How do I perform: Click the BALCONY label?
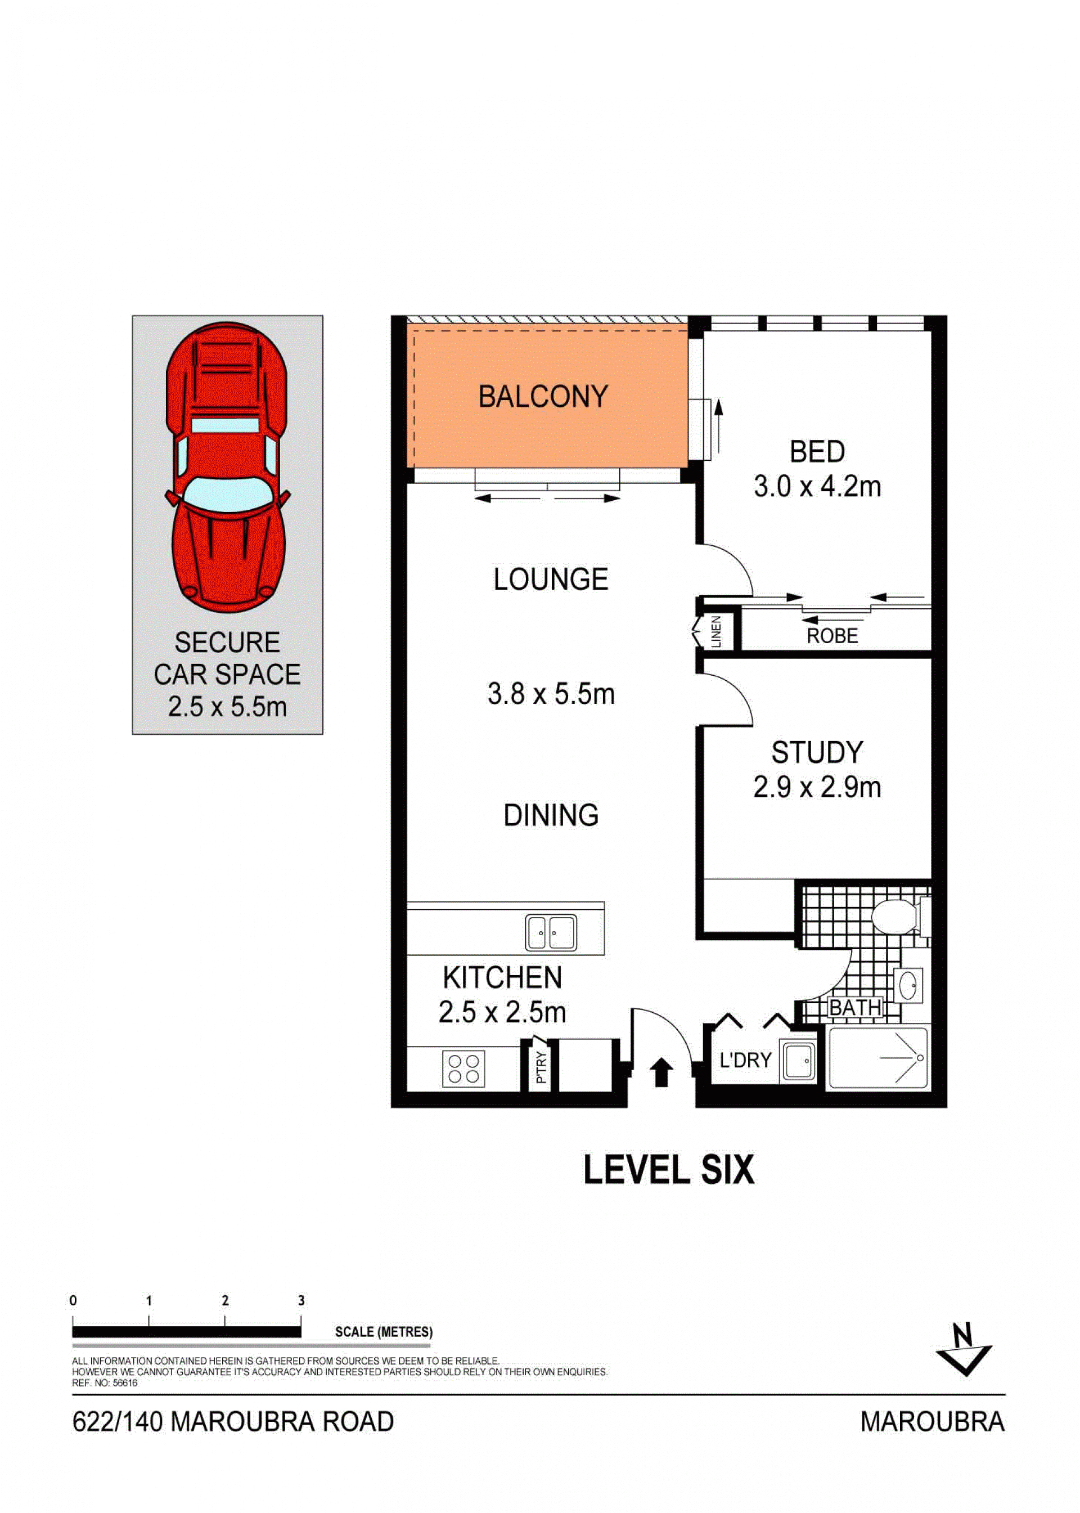(543, 397)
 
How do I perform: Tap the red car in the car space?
(227, 468)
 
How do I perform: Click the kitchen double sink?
(551, 932)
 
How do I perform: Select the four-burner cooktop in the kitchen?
(463, 1068)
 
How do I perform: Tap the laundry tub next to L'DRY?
(798, 1061)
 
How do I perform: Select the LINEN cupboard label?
(716, 632)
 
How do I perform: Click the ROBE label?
(832, 636)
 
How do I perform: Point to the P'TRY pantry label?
(541, 1067)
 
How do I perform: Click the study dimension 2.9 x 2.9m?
(817, 787)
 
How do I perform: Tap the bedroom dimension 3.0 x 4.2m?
(817, 487)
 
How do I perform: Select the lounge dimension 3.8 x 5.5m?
(551, 694)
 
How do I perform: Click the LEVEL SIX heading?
(669, 1170)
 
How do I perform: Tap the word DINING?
(551, 815)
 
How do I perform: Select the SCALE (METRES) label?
(384, 1332)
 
